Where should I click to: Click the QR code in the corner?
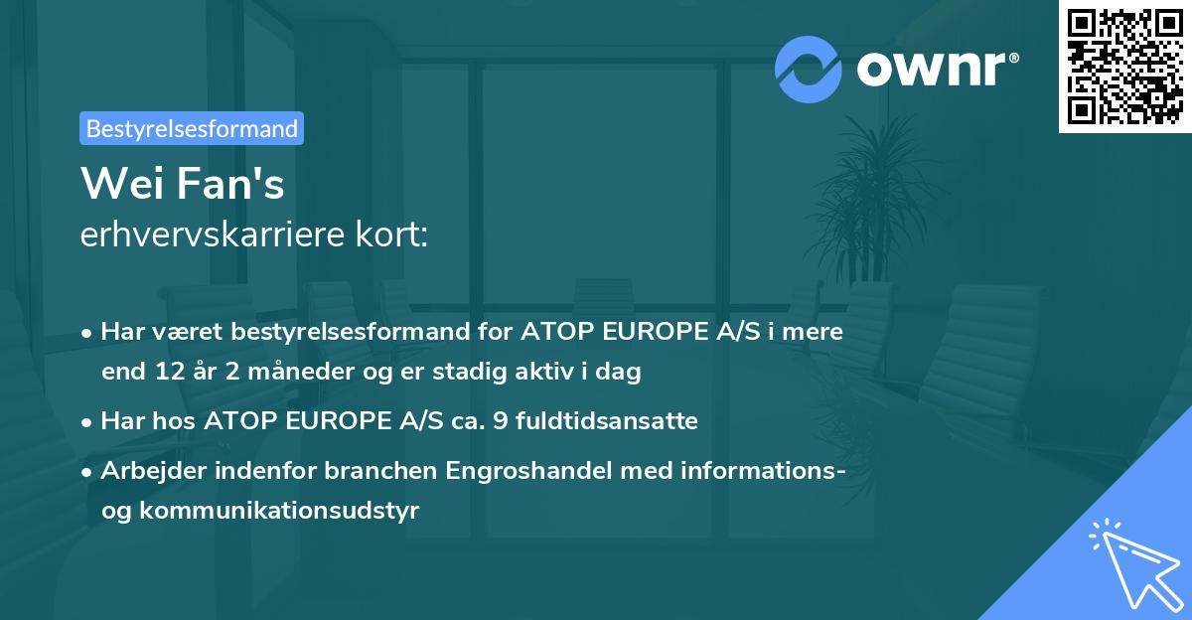[1123, 67]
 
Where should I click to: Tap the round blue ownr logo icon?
[809, 69]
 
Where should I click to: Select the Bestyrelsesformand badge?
[192, 128]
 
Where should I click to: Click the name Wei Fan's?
[182, 183]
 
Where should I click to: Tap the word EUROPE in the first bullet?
[628, 332]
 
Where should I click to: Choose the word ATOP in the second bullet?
[235, 421]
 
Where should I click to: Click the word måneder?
[263, 373]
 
